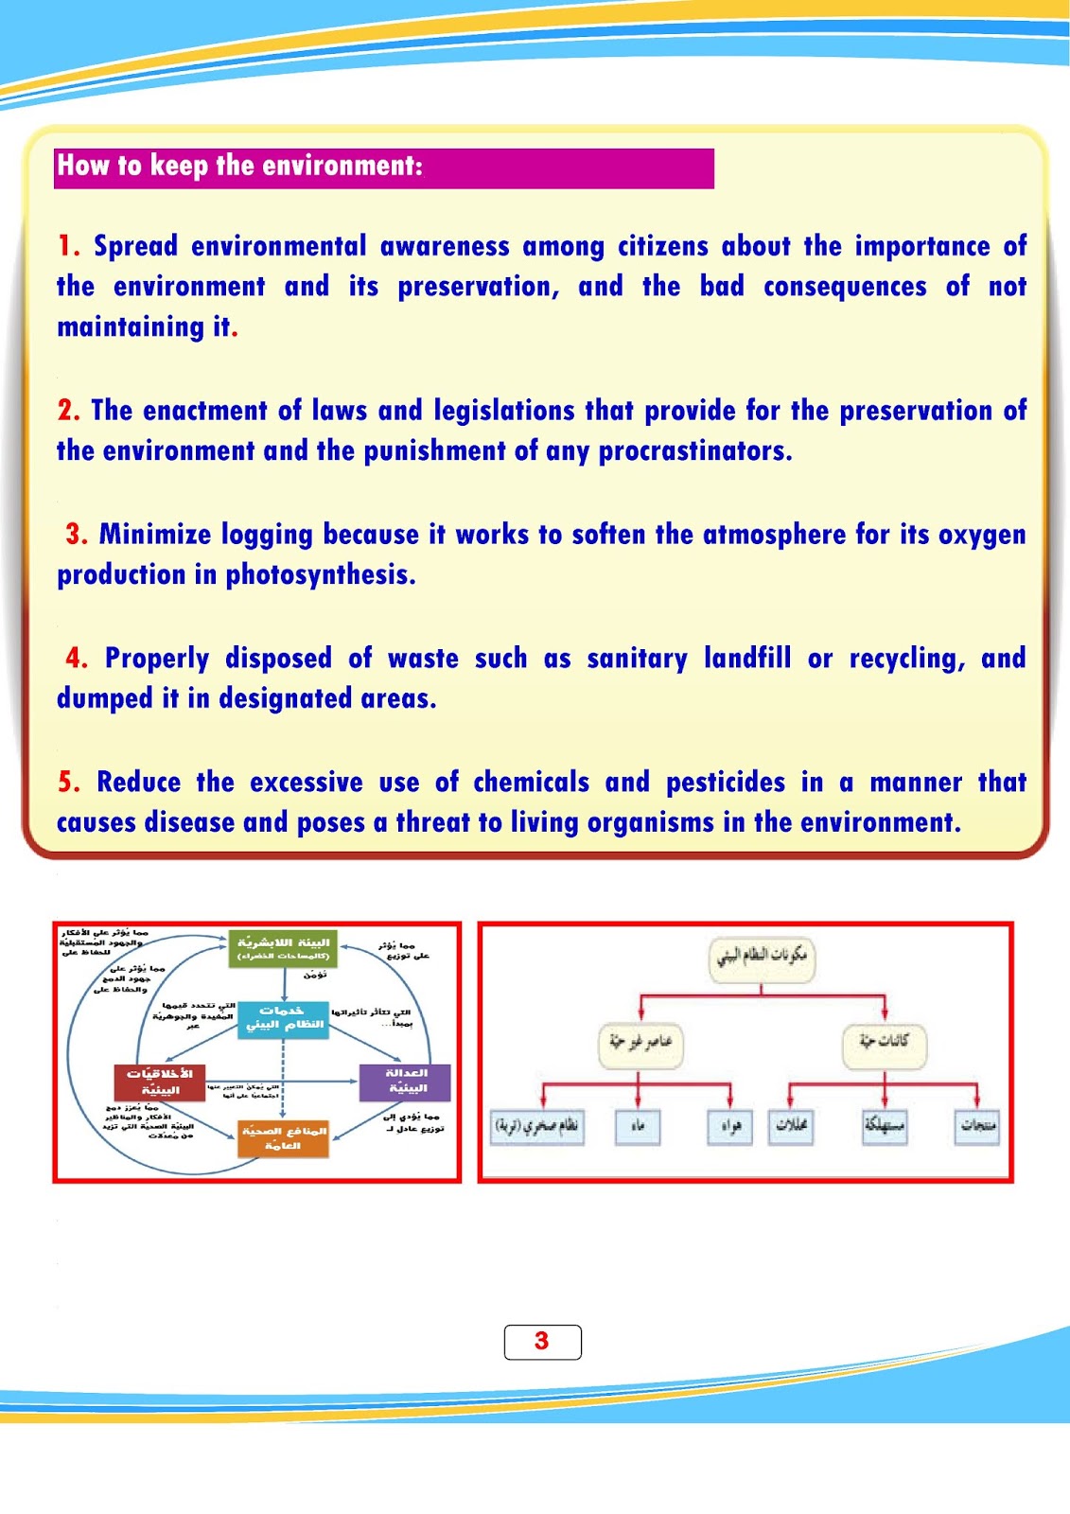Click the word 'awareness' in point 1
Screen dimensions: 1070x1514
tap(445, 247)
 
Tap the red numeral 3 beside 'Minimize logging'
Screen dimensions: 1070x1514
tap(76, 535)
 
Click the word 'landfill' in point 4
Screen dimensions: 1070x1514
tap(746, 659)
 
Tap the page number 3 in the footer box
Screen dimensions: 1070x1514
tap(541, 1341)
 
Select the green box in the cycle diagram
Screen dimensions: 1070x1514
tap(284, 948)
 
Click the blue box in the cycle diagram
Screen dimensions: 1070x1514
tap(284, 1019)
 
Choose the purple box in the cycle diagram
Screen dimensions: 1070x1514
tap(405, 1082)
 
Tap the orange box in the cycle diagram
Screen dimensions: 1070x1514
tap(284, 1138)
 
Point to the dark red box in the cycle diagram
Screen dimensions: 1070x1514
tap(159, 1082)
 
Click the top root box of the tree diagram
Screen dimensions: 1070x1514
tap(762, 957)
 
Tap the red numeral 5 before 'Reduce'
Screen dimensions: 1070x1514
tap(68, 783)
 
